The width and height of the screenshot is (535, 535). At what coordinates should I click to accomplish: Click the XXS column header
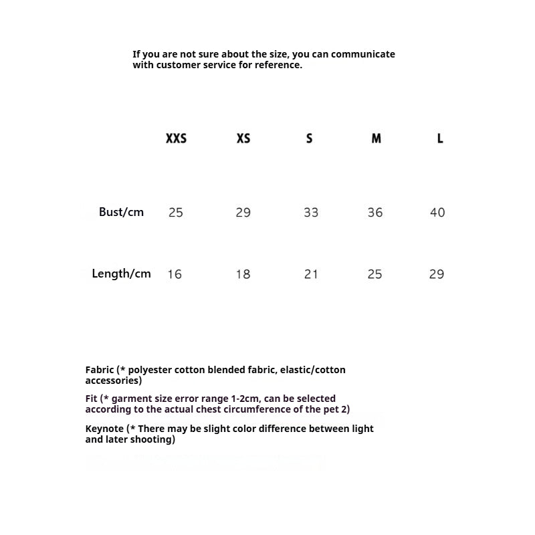(176, 138)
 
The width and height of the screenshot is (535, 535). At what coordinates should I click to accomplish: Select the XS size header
(243, 138)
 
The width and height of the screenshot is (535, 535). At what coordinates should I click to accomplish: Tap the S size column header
(309, 138)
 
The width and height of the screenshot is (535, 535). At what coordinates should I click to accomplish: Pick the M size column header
(377, 138)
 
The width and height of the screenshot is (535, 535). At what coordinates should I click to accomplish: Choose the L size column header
(440, 138)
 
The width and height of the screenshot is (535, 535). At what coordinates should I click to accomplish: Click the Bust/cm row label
(121, 212)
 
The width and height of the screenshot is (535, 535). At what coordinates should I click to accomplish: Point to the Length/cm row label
(121, 274)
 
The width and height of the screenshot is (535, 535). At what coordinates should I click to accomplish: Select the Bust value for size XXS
(176, 213)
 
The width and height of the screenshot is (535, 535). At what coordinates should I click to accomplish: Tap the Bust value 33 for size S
(311, 213)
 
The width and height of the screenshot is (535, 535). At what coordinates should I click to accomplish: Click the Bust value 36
(375, 213)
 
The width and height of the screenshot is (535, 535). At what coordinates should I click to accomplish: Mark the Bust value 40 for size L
(437, 213)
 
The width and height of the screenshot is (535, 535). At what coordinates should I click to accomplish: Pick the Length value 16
(175, 274)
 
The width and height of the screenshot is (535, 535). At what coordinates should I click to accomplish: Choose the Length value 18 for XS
(243, 274)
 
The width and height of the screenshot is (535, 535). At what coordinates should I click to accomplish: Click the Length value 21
(311, 274)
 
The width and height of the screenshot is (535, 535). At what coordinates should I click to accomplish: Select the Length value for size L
(437, 274)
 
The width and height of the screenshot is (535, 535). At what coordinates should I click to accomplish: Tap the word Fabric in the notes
(100, 370)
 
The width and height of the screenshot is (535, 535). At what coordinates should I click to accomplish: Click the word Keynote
(104, 429)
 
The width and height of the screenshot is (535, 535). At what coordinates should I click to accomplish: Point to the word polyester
(152, 370)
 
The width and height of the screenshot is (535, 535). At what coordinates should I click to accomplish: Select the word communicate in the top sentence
(362, 54)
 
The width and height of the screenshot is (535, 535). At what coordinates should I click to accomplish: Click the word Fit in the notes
(92, 399)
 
